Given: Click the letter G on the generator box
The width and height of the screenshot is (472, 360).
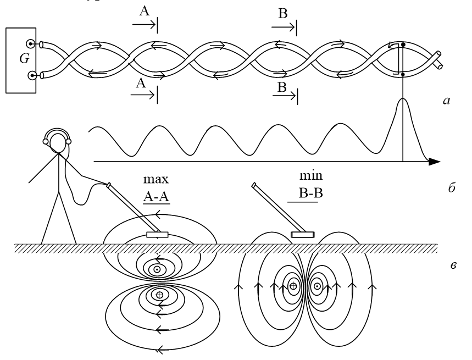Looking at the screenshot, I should (24, 58).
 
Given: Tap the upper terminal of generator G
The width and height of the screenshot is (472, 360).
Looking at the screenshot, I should (31, 43).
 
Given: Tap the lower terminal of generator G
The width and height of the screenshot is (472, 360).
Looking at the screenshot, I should (31, 75).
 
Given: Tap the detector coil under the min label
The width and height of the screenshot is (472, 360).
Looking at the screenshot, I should (303, 235).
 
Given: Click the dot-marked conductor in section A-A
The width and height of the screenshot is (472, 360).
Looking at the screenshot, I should (157, 270).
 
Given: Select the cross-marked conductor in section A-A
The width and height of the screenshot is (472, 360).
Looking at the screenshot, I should (159, 295).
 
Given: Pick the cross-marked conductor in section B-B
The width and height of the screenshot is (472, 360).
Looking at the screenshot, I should (293, 286).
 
